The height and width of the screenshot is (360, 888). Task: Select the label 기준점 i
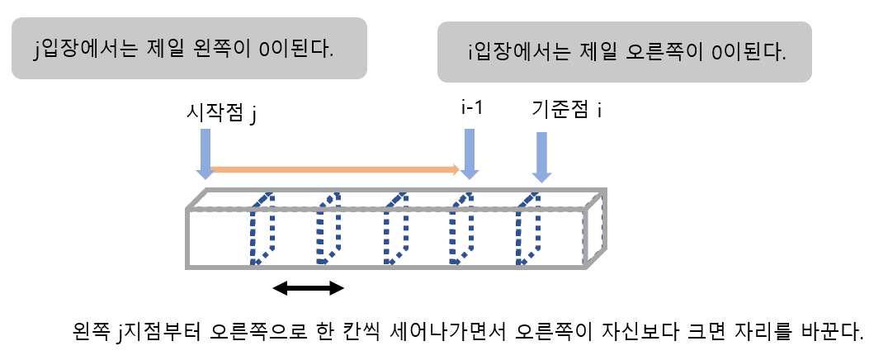(x=565, y=111)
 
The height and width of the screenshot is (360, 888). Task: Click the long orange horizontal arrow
(x=334, y=170)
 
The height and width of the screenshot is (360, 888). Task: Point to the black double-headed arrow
(x=308, y=287)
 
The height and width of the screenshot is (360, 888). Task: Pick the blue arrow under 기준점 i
(x=541, y=158)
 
